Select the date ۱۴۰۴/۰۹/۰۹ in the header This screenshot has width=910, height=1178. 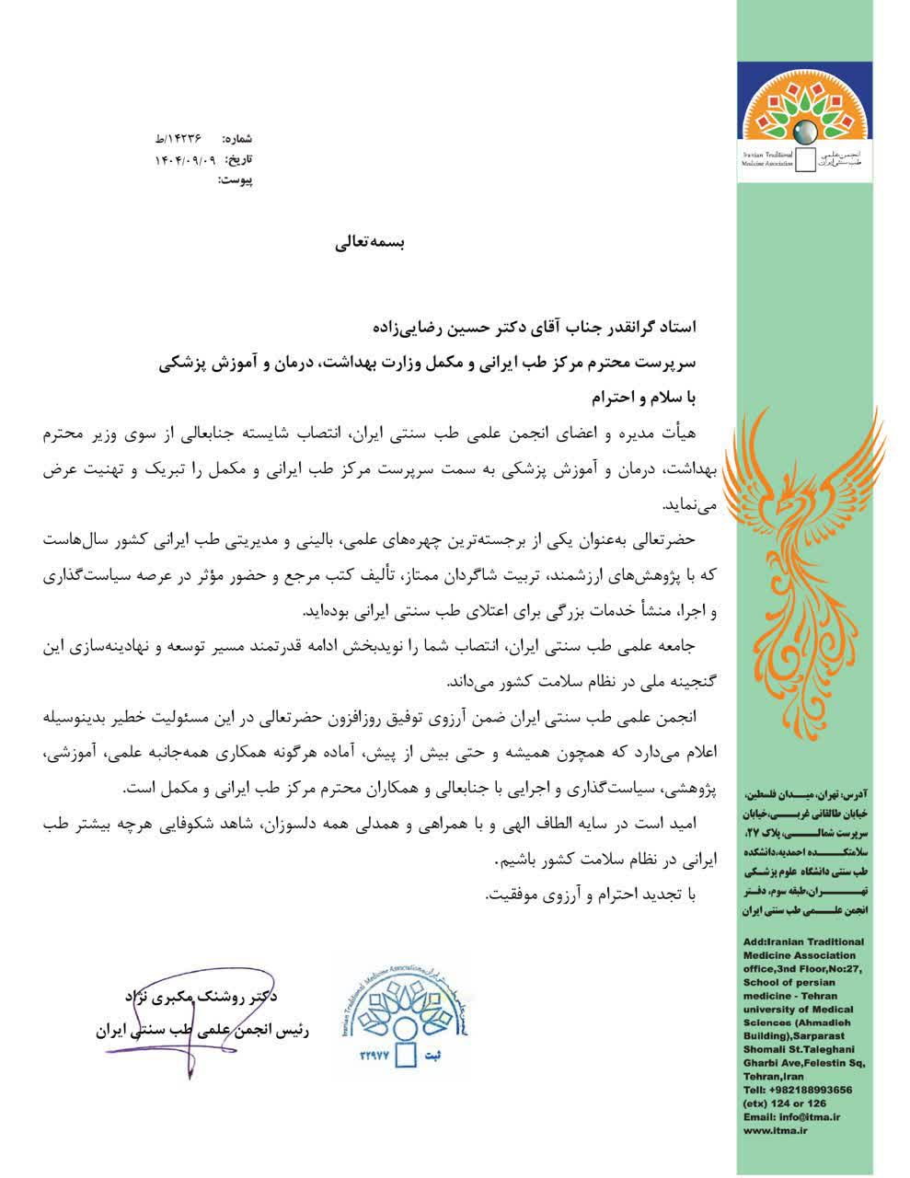tap(184, 159)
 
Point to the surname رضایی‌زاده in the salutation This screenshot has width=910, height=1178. tap(406, 326)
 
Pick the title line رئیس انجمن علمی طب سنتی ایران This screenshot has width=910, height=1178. tap(202, 1029)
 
